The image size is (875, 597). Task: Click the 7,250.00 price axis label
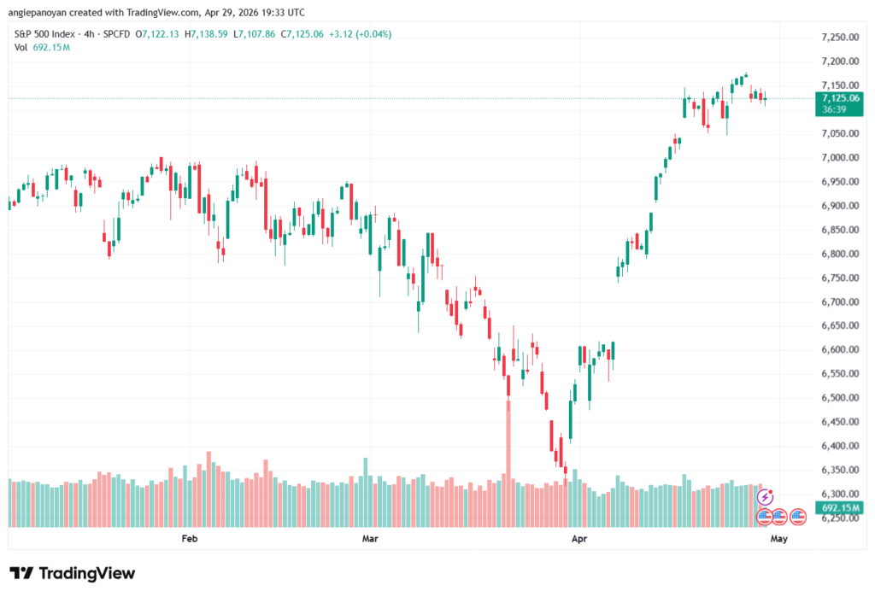click(840, 38)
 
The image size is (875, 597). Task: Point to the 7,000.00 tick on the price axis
click(840, 157)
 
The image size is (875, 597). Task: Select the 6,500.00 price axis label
click(840, 398)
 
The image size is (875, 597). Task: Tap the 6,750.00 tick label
click(840, 278)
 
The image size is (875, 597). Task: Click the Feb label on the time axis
click(190, 538)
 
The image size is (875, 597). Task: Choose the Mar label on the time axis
click(370, 538)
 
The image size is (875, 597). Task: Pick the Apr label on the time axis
click(579, 538)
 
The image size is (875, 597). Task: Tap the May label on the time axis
click(779, 538)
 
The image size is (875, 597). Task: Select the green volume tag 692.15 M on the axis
click(839, 507)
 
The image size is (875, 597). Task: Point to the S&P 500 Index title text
click(44, 34)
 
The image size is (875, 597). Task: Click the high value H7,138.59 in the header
click(207, 34)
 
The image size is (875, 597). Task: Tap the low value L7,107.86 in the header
click(255, 34)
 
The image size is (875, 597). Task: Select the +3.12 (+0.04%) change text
click(360, 34)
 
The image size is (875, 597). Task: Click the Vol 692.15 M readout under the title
click(43, 48)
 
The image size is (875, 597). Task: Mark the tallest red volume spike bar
click(508, 464)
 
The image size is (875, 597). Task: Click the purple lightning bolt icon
click(765, 496)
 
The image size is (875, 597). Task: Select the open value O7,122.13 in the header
click(157, 34)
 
